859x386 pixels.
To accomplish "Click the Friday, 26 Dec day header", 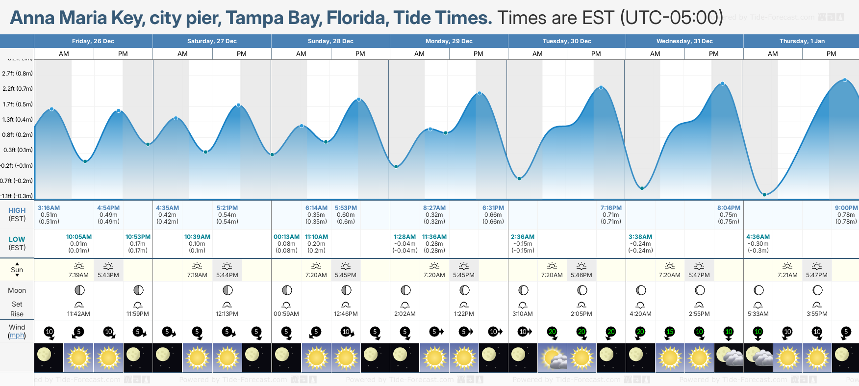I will tap(93, 41).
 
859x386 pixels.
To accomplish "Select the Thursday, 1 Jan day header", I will tap(802, 41).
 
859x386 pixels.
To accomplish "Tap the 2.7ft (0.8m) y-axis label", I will tap(17, 74).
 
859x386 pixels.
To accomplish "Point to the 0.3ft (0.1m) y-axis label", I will tap(18, 150).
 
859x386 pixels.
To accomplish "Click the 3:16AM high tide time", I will tap(49, 208).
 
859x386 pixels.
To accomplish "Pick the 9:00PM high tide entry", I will tap(846, 208).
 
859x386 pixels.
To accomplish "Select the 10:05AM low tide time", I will tap(79, 237).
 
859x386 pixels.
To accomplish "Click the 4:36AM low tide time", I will tap(758, 237).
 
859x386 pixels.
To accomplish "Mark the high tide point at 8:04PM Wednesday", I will tap(723, 84).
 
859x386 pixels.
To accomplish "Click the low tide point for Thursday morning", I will tap(764, 195).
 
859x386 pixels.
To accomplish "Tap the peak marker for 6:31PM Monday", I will tap(480, 93).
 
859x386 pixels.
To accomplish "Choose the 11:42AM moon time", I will tap(78, 314).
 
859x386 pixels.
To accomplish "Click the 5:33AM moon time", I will tap(758, 314).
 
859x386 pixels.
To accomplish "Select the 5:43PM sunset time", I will tap(108, 275).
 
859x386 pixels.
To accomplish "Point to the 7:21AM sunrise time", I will tap(787, 275).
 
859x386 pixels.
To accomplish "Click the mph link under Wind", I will tap(17, 335).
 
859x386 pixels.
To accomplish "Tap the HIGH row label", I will tap(17, 210).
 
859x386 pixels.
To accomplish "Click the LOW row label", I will tap(17, 239).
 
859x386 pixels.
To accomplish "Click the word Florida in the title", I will tap(357, 18).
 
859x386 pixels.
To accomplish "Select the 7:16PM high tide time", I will tap(611, 208).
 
